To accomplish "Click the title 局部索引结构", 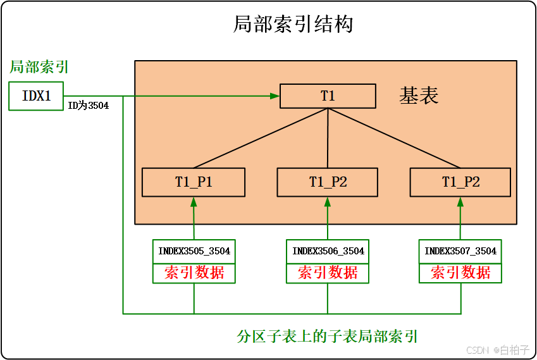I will coord(293,24).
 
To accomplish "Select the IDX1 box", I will coord(37,96).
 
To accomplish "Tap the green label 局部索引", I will coord(39,67).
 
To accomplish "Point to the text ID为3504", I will coord(89,106).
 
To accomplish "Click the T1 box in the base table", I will coord(328,96).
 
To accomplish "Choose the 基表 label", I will coord(419,96).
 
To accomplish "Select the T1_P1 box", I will coord(194,182).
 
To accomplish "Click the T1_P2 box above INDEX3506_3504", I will coord(328,182).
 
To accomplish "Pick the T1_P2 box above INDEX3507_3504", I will coord(460,182).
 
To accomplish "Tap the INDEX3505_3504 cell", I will coord(194,251).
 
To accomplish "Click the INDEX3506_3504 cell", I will coord(328,251).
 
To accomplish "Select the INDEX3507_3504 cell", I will coord(460,251).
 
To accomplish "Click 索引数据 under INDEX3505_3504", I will coord(194,273).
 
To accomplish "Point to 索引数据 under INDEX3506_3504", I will coord(328,273).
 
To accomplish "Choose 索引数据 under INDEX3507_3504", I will coord(460,273).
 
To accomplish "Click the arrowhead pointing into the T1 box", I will coord(275,96).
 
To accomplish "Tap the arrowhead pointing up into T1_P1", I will coord(194,201).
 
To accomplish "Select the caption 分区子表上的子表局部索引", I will coord(327,336).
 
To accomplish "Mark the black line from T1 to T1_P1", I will coord(261,139).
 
